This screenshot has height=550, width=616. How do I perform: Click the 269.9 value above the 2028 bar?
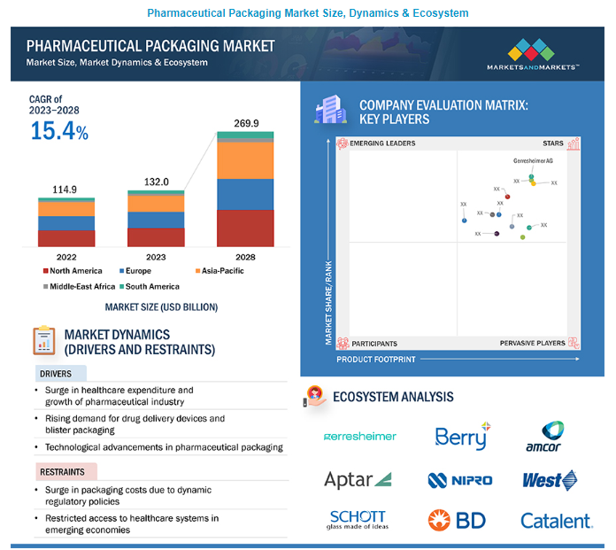[x=245, y=123]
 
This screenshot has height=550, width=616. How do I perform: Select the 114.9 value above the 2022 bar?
[x=65, y=190]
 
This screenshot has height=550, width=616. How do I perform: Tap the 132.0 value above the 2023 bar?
[x=156, y=182]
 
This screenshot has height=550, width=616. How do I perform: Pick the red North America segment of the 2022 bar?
[x=66, y=237]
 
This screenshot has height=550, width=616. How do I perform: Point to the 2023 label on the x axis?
[x=156, y=257]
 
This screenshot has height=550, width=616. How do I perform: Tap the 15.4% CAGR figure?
[x=59, y=132]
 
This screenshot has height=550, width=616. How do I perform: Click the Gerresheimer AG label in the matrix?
[x=533, y=161]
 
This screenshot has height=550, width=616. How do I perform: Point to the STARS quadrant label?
[x=552, y=143]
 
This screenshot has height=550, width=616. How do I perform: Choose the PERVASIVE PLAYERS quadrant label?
[x=532, y=343]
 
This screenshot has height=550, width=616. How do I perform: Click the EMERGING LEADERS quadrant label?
[x=382, y=143]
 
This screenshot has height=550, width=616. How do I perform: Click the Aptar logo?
[x=358, y=480]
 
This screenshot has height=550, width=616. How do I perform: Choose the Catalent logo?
[x=555, y=521]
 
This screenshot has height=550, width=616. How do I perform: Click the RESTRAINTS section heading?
[x=67, y=471]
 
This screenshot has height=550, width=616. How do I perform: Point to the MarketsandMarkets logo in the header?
[x=533, y=55]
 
